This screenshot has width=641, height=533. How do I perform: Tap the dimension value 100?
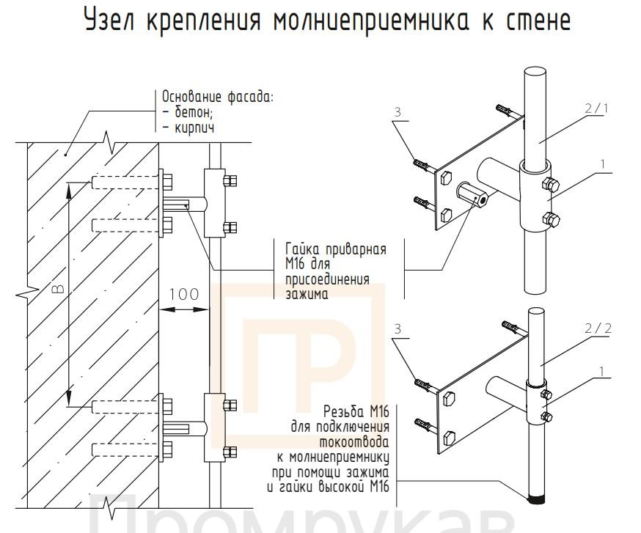(183, 295)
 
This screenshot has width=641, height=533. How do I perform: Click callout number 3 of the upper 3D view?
(397, 112)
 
